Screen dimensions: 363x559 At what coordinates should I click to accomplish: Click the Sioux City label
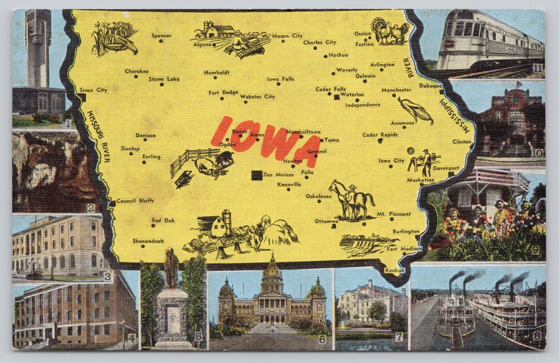tap(95, 90)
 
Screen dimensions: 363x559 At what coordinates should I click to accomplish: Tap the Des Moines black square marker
tap(257, 175)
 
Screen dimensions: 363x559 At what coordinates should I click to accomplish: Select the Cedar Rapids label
tap(380, 135)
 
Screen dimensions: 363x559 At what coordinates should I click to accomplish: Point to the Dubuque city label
tap(430, 86)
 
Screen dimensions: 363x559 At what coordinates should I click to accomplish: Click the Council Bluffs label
tap(135, 201)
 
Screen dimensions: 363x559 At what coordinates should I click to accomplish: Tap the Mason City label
tap(287, 36)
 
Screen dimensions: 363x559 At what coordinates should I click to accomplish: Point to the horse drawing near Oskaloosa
tap(354, 200)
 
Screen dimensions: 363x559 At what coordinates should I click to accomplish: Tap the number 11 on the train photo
tap(537, 68)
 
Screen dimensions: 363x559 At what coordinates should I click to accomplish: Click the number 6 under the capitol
tap(322, 340)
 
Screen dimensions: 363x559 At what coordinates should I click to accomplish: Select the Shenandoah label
tap(148, 241)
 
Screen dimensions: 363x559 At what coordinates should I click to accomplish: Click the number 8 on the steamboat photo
tap(536, 336)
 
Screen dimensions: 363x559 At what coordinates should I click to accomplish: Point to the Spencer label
tap(161, 36)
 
